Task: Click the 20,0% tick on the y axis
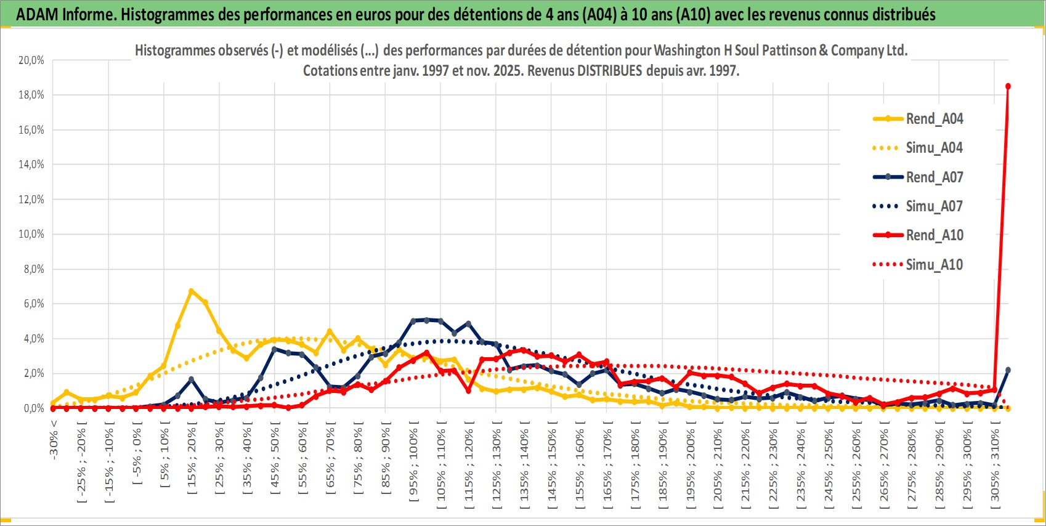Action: pos(31,60)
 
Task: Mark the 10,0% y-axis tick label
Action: pos(31,234)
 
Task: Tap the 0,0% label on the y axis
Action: pos(33,408)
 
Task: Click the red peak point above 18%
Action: pos(1008,86)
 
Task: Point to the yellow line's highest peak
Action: pos(191,291)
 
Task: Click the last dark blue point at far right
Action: pos(1008,370)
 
